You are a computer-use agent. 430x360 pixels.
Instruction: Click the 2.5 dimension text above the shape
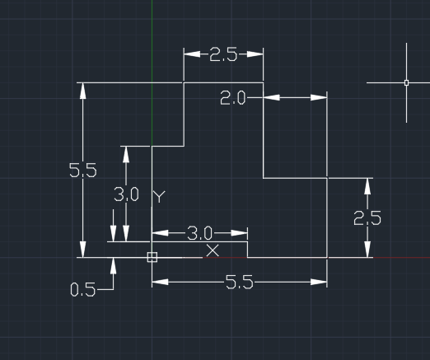(223, 54)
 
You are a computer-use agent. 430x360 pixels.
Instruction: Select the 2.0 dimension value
(232, 98)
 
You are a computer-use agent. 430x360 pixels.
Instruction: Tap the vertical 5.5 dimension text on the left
(83, 170)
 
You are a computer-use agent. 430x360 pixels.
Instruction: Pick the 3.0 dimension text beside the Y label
(126, 194)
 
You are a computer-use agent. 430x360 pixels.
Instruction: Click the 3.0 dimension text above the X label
(199, 233)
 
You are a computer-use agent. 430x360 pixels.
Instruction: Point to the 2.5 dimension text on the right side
(367, 218)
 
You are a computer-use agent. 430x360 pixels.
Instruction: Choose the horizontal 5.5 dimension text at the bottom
(239, 282)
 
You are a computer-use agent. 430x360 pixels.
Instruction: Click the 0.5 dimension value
(83, 290)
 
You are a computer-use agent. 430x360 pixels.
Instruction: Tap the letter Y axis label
(159, 197)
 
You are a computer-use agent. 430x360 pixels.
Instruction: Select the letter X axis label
(213, 250)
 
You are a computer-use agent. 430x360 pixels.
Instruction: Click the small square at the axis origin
(152, 257)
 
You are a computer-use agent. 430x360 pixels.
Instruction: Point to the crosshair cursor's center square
(406, 82)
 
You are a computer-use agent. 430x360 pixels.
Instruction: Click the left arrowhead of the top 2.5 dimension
(192, 54)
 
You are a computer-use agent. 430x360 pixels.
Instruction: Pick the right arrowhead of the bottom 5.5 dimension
(319, 282)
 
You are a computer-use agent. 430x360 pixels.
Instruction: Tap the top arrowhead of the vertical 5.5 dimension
(83, 91)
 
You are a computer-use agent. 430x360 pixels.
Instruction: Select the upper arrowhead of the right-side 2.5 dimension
(367, 187)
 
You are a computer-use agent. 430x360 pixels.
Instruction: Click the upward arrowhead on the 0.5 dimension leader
(113, 266)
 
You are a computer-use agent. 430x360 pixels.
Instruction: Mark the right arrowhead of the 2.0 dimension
(319, 97)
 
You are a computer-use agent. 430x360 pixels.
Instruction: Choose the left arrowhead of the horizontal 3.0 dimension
(161, 233)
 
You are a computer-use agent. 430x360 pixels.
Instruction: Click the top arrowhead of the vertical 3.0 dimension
(126, 155)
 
